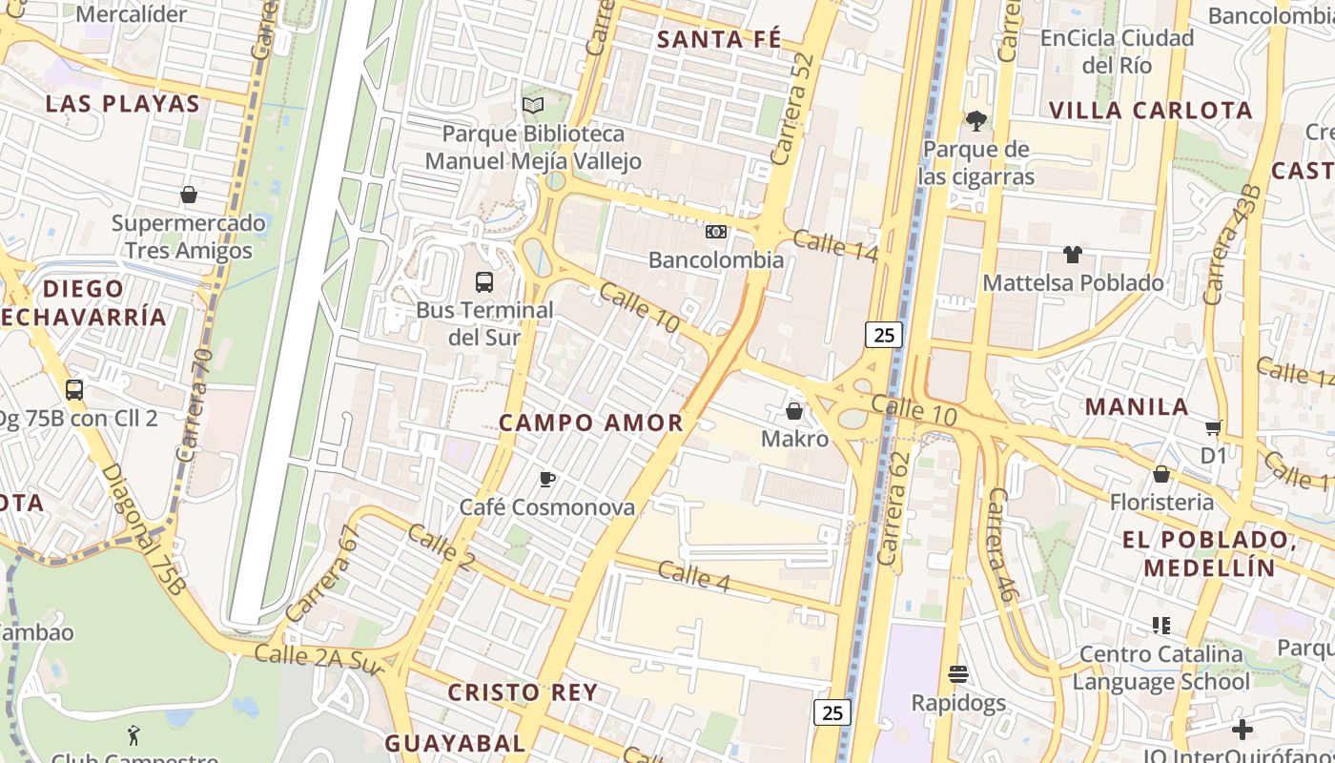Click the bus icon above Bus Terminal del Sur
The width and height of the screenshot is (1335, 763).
pos(484,282)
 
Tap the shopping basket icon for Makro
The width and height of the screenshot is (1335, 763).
pos(793,411)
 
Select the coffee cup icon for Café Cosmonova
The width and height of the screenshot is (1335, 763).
pos(547,479)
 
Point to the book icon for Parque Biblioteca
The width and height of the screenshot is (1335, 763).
pos(533,106)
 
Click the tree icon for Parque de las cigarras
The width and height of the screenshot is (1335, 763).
pos(976,121)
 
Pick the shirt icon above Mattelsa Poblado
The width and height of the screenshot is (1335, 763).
pos(1073,255)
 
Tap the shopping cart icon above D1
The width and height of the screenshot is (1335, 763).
pos(1213,427)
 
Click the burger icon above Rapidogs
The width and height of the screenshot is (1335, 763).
pos(958,674)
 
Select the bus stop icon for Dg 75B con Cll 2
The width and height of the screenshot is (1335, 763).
pos(74,390)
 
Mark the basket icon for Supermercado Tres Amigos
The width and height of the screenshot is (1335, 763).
pos(189,196)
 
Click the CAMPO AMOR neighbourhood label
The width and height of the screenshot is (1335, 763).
pos(591,423)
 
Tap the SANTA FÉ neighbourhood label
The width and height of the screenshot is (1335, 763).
pos(719,39)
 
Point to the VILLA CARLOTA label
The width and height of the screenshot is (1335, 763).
pos(1150,110)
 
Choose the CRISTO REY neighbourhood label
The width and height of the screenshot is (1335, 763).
pos(523,692)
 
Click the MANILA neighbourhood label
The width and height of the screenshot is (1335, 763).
pos(1137,406)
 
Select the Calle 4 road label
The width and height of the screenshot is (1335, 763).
pos(693,575)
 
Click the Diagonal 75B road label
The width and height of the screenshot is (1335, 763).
pos(142,530)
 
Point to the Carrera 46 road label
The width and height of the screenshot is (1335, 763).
pos(999,545)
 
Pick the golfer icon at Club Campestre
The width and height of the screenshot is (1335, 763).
pos(133,735)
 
